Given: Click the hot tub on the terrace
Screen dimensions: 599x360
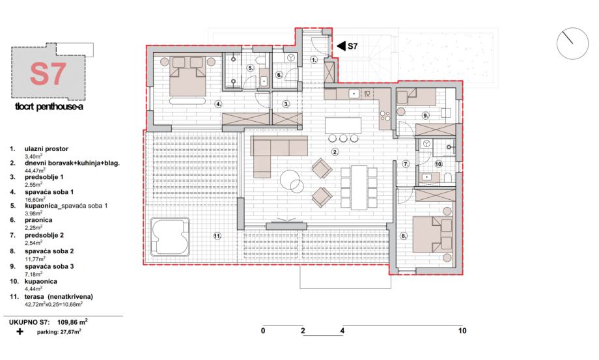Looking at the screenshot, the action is [x=170, y=237].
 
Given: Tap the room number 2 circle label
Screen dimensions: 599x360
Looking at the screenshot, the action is [x=335, y=152].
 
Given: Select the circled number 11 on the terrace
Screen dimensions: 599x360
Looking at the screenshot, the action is [x=217, y=236].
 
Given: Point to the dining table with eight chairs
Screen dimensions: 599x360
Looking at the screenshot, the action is [x=359, y=187].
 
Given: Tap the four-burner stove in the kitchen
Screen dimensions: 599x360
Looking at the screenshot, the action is [x=385, y=116].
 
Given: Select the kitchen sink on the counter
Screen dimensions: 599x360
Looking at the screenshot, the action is [x=354, y=94].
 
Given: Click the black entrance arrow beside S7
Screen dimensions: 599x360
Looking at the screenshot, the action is [x=341, y=46].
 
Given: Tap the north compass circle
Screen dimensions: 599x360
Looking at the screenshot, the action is [x=572, y=44].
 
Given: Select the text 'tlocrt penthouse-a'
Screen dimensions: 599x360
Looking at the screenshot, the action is [x=49, y=107].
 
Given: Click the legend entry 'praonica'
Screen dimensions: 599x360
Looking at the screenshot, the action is [x=38, y=220].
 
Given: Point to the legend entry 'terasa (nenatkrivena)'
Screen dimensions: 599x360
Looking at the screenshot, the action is [x=59, y=297].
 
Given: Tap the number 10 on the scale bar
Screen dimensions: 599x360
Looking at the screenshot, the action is [x=462, y=331].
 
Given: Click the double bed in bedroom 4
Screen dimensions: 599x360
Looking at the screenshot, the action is [x=188, y=77].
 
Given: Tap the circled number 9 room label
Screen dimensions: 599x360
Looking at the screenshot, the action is [x=426, y=115].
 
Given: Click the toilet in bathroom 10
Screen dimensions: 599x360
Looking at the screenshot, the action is [x=448, y=178].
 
